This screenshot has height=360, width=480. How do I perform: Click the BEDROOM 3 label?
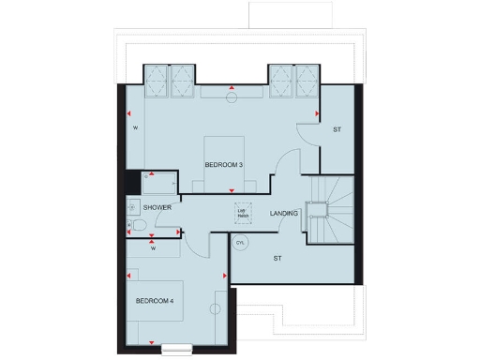(x=224, y=165)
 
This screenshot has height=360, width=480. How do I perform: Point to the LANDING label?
(x=283, y=214)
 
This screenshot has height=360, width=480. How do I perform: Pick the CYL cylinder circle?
(x=240, y=242)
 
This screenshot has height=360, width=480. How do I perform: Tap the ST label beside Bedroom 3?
(x=337, y=129)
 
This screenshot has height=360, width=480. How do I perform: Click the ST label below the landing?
(x=277, y=257)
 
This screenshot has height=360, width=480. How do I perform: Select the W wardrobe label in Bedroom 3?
(x=135, y=127)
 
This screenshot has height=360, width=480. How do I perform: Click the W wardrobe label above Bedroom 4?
(x=153, y=248)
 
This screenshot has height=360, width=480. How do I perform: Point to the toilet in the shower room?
(x=138, y=227)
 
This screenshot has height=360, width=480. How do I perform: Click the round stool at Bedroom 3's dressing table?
(x=232, y=96)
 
